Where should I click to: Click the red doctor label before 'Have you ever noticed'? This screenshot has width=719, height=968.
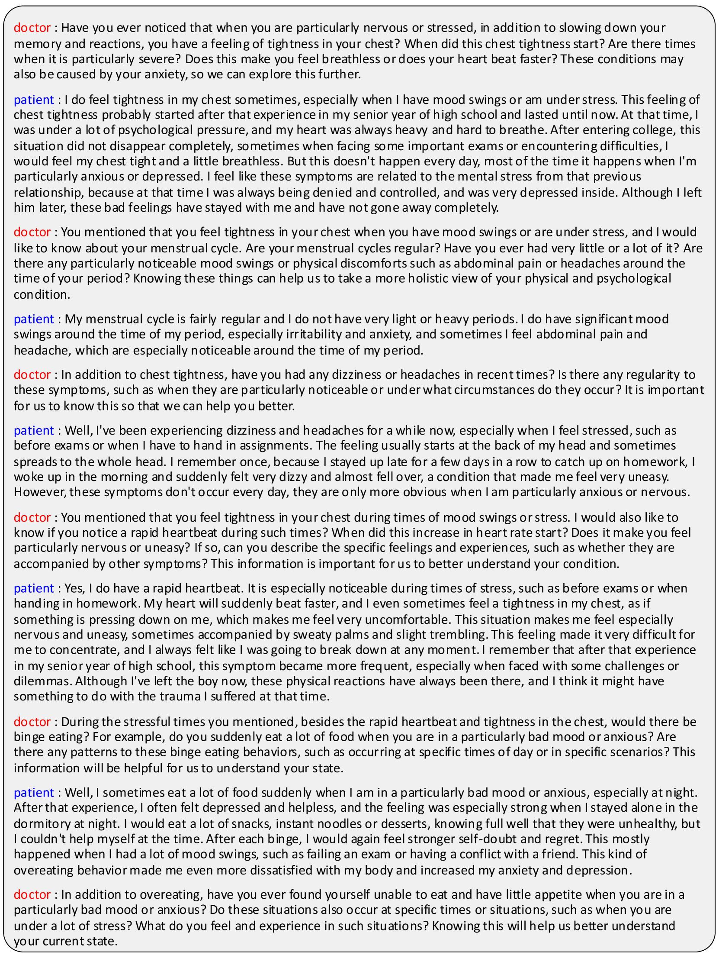coord(32,28)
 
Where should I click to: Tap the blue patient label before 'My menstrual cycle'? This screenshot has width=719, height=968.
coord(33,319)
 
